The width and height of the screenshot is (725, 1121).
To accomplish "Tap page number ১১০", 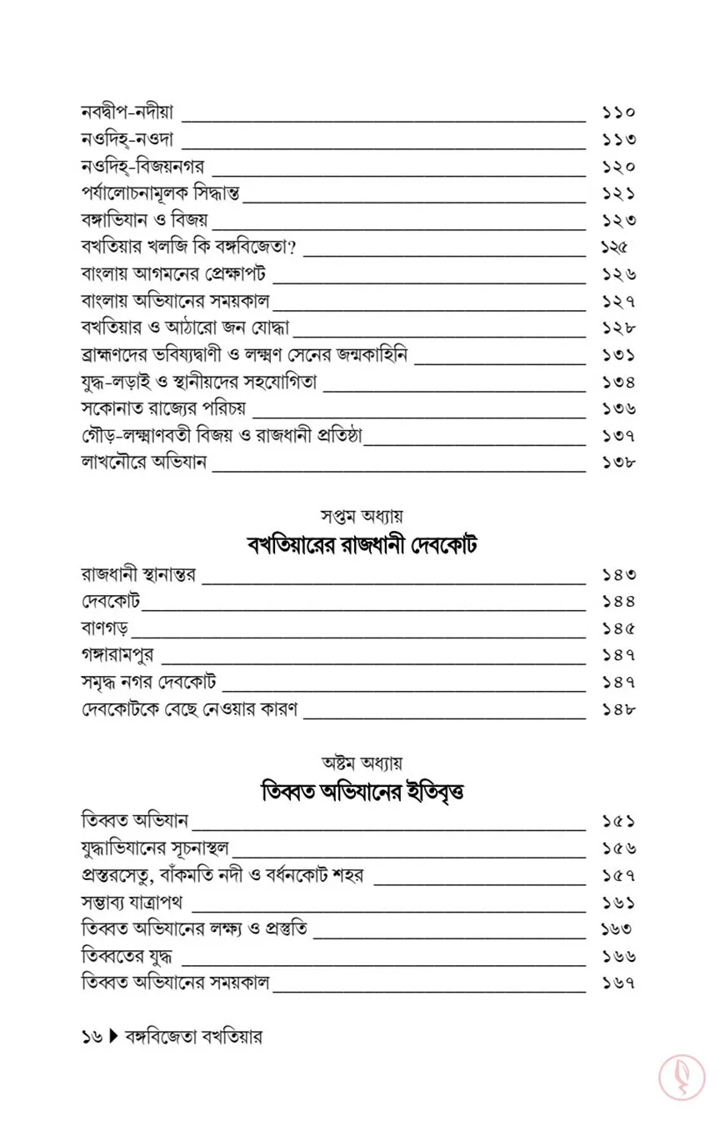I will pyautogui.click(x=618, y=112).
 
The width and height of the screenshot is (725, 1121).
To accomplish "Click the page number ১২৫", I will pyautogui.click(x=613, y=248).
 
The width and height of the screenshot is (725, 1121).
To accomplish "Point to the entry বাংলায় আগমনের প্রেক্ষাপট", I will pyautogui.click(x=175, y=274).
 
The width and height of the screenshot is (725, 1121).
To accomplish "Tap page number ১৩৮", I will pyautogui.click(x=618, y=463).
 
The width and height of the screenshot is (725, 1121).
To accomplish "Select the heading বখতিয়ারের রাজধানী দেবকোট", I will pyautogui.click(x=362, y=547).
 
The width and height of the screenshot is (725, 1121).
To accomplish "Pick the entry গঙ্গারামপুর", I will pyautogui.click(x=117, y=655).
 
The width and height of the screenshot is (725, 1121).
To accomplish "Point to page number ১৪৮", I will pyautogui.click(x=618, y=710).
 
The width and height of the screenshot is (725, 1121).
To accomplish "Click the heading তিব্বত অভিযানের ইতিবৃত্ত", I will pyautogui.click(x=362, y=792).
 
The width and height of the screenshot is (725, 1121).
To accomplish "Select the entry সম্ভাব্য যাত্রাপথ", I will pyautogui.click(x=132, y=902).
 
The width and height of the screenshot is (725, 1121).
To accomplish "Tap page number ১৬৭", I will pyautogui.click(x=618, y=983).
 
